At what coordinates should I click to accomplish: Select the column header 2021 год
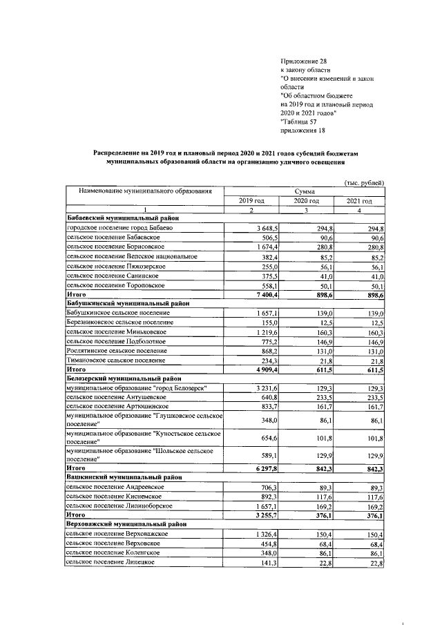pyautogui.click(x=358, y=200)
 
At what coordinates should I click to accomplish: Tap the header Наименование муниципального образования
pyautogui.click(x=144, y=191)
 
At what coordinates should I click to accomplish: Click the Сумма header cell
pyautogui.click(x=305, y=191)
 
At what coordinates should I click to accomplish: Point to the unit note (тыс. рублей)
pyautogui.click(x=363, y=182)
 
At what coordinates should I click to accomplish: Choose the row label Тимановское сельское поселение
pyautogui.click(x=116, y=360)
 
